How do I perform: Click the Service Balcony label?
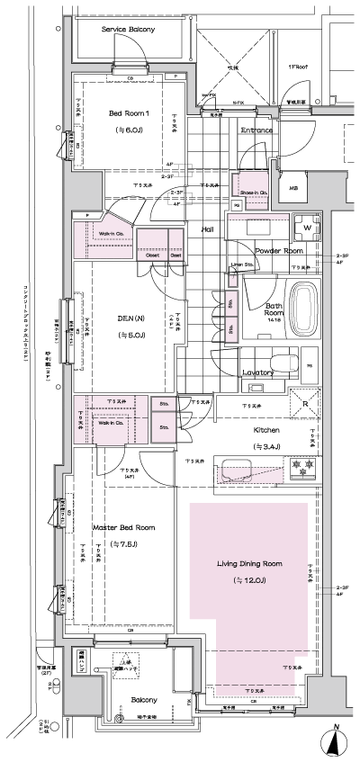[x=129, y=30]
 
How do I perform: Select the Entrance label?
[x=256, y=130]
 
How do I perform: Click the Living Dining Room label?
[x=249, y=564]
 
